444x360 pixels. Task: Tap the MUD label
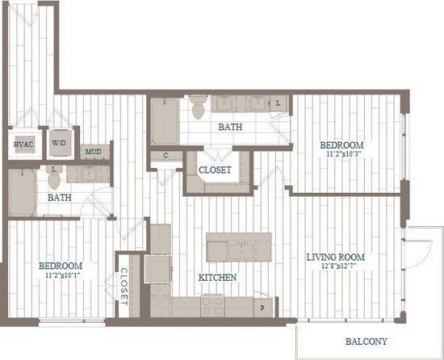[x=93, y=152]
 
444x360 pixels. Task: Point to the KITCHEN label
[x=218, y=277]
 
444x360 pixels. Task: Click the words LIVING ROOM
[x=335, y=257]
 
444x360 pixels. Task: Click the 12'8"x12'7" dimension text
[x=335, y=268]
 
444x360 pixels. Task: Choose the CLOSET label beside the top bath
[x=215, y=170]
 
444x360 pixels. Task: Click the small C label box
[x=165, y=155]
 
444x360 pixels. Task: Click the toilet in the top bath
[x=198, y=106]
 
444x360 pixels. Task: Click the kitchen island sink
[x=239, y=249]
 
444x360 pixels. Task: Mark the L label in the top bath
[x=278, y=103]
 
